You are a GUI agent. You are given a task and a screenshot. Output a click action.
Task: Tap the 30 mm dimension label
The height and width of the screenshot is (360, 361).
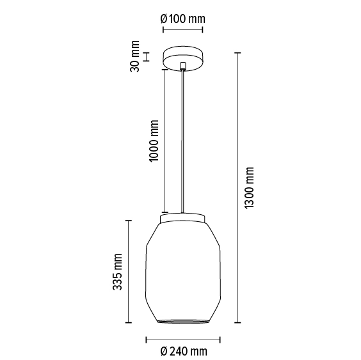(x=135, y=57)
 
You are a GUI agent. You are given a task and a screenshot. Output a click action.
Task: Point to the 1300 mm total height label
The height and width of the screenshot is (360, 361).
(x=250, y=187)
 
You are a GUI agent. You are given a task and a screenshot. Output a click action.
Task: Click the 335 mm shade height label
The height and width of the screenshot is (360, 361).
(x=117, y=270)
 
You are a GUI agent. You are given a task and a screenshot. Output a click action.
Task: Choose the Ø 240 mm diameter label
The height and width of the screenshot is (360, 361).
(x=184, y=351)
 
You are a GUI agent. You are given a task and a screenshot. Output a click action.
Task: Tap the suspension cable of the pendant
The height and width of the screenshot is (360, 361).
(x=183, y=141)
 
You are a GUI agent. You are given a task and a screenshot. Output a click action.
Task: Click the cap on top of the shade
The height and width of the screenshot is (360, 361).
(x=183, y=219)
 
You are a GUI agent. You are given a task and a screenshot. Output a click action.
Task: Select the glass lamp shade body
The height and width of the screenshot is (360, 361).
(x=183, y=269)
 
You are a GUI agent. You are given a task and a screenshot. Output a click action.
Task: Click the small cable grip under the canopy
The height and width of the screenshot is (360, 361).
(x=183, y=65)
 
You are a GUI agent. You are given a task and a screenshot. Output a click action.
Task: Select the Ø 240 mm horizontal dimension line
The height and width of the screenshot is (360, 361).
(x=183, y=338)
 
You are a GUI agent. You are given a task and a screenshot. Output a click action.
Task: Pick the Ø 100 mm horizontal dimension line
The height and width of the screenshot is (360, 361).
(x=183, y=29)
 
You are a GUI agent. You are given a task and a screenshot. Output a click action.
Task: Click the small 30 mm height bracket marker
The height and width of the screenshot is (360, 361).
(x=147, y=56)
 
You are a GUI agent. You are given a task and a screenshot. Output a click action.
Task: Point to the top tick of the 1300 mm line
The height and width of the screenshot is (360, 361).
(x=238, y=52)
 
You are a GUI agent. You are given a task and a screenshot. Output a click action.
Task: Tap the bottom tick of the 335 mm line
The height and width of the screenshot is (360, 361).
(x=129, y=321)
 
